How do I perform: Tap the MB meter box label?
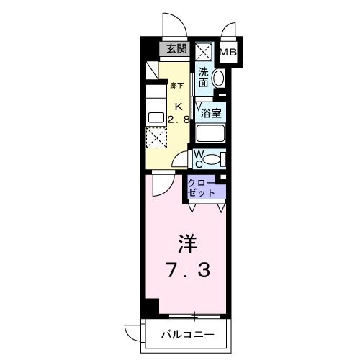tap(228, 52)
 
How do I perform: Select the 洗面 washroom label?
tap(204, 77)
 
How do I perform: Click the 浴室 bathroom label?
tap(210, 112)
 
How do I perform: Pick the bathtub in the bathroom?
tap(210, 133)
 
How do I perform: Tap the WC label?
tap(200, 158)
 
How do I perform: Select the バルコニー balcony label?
tap(186, 335)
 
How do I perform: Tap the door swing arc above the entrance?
tap(173, 25)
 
